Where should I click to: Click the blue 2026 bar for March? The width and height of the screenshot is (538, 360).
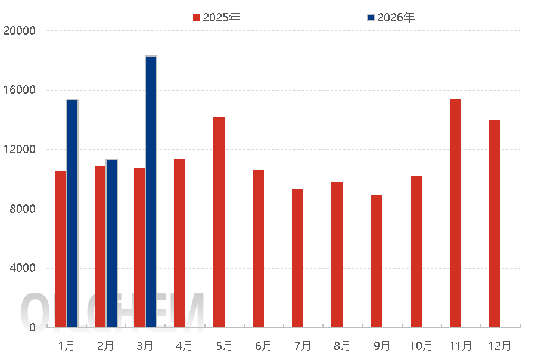tap(151, 191)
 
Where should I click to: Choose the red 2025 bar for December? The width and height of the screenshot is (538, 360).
tap(495, 224)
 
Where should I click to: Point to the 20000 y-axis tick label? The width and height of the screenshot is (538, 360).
tap(19, 30)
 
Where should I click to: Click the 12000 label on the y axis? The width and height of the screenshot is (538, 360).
tap(19, 149)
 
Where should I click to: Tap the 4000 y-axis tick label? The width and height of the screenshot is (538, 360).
tap(22, 268)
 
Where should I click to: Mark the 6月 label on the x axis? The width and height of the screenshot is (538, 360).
tap(263, 346)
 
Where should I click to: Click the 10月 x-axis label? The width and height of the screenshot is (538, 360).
tap(421, 346)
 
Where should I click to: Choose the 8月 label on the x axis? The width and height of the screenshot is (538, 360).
tap(341, 346)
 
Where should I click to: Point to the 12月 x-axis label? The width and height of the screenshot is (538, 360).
tap(499, 346)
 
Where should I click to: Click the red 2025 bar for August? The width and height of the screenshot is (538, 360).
tap(337, 254)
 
